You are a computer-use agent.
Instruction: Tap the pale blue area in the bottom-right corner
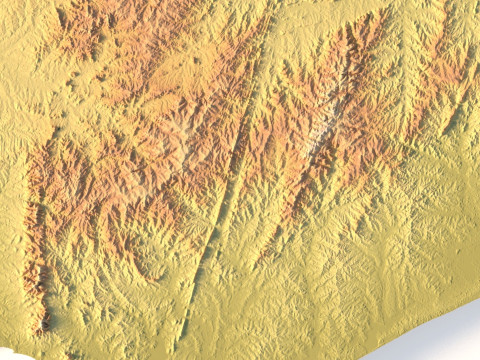(440, 335)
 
